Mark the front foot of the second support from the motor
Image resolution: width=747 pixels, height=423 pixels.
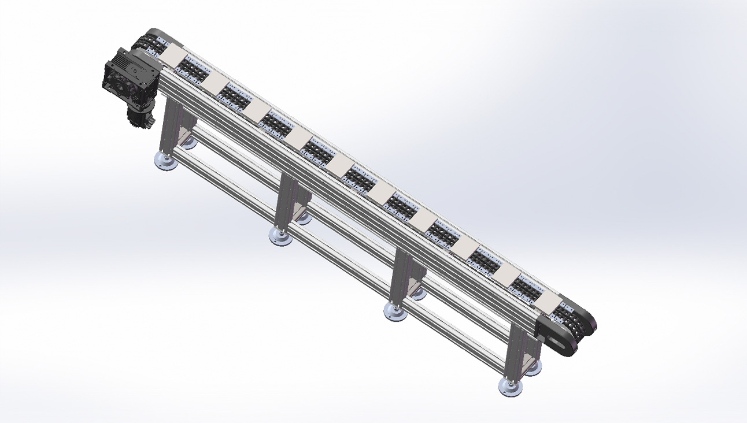(280, 236)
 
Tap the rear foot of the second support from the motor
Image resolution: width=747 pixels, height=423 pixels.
(303, 217)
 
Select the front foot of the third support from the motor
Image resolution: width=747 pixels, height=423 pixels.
(395, 312)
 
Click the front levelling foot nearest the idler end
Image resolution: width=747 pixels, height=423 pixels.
(510, 387)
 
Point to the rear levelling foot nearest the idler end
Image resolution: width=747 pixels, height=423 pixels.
(532, 368)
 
